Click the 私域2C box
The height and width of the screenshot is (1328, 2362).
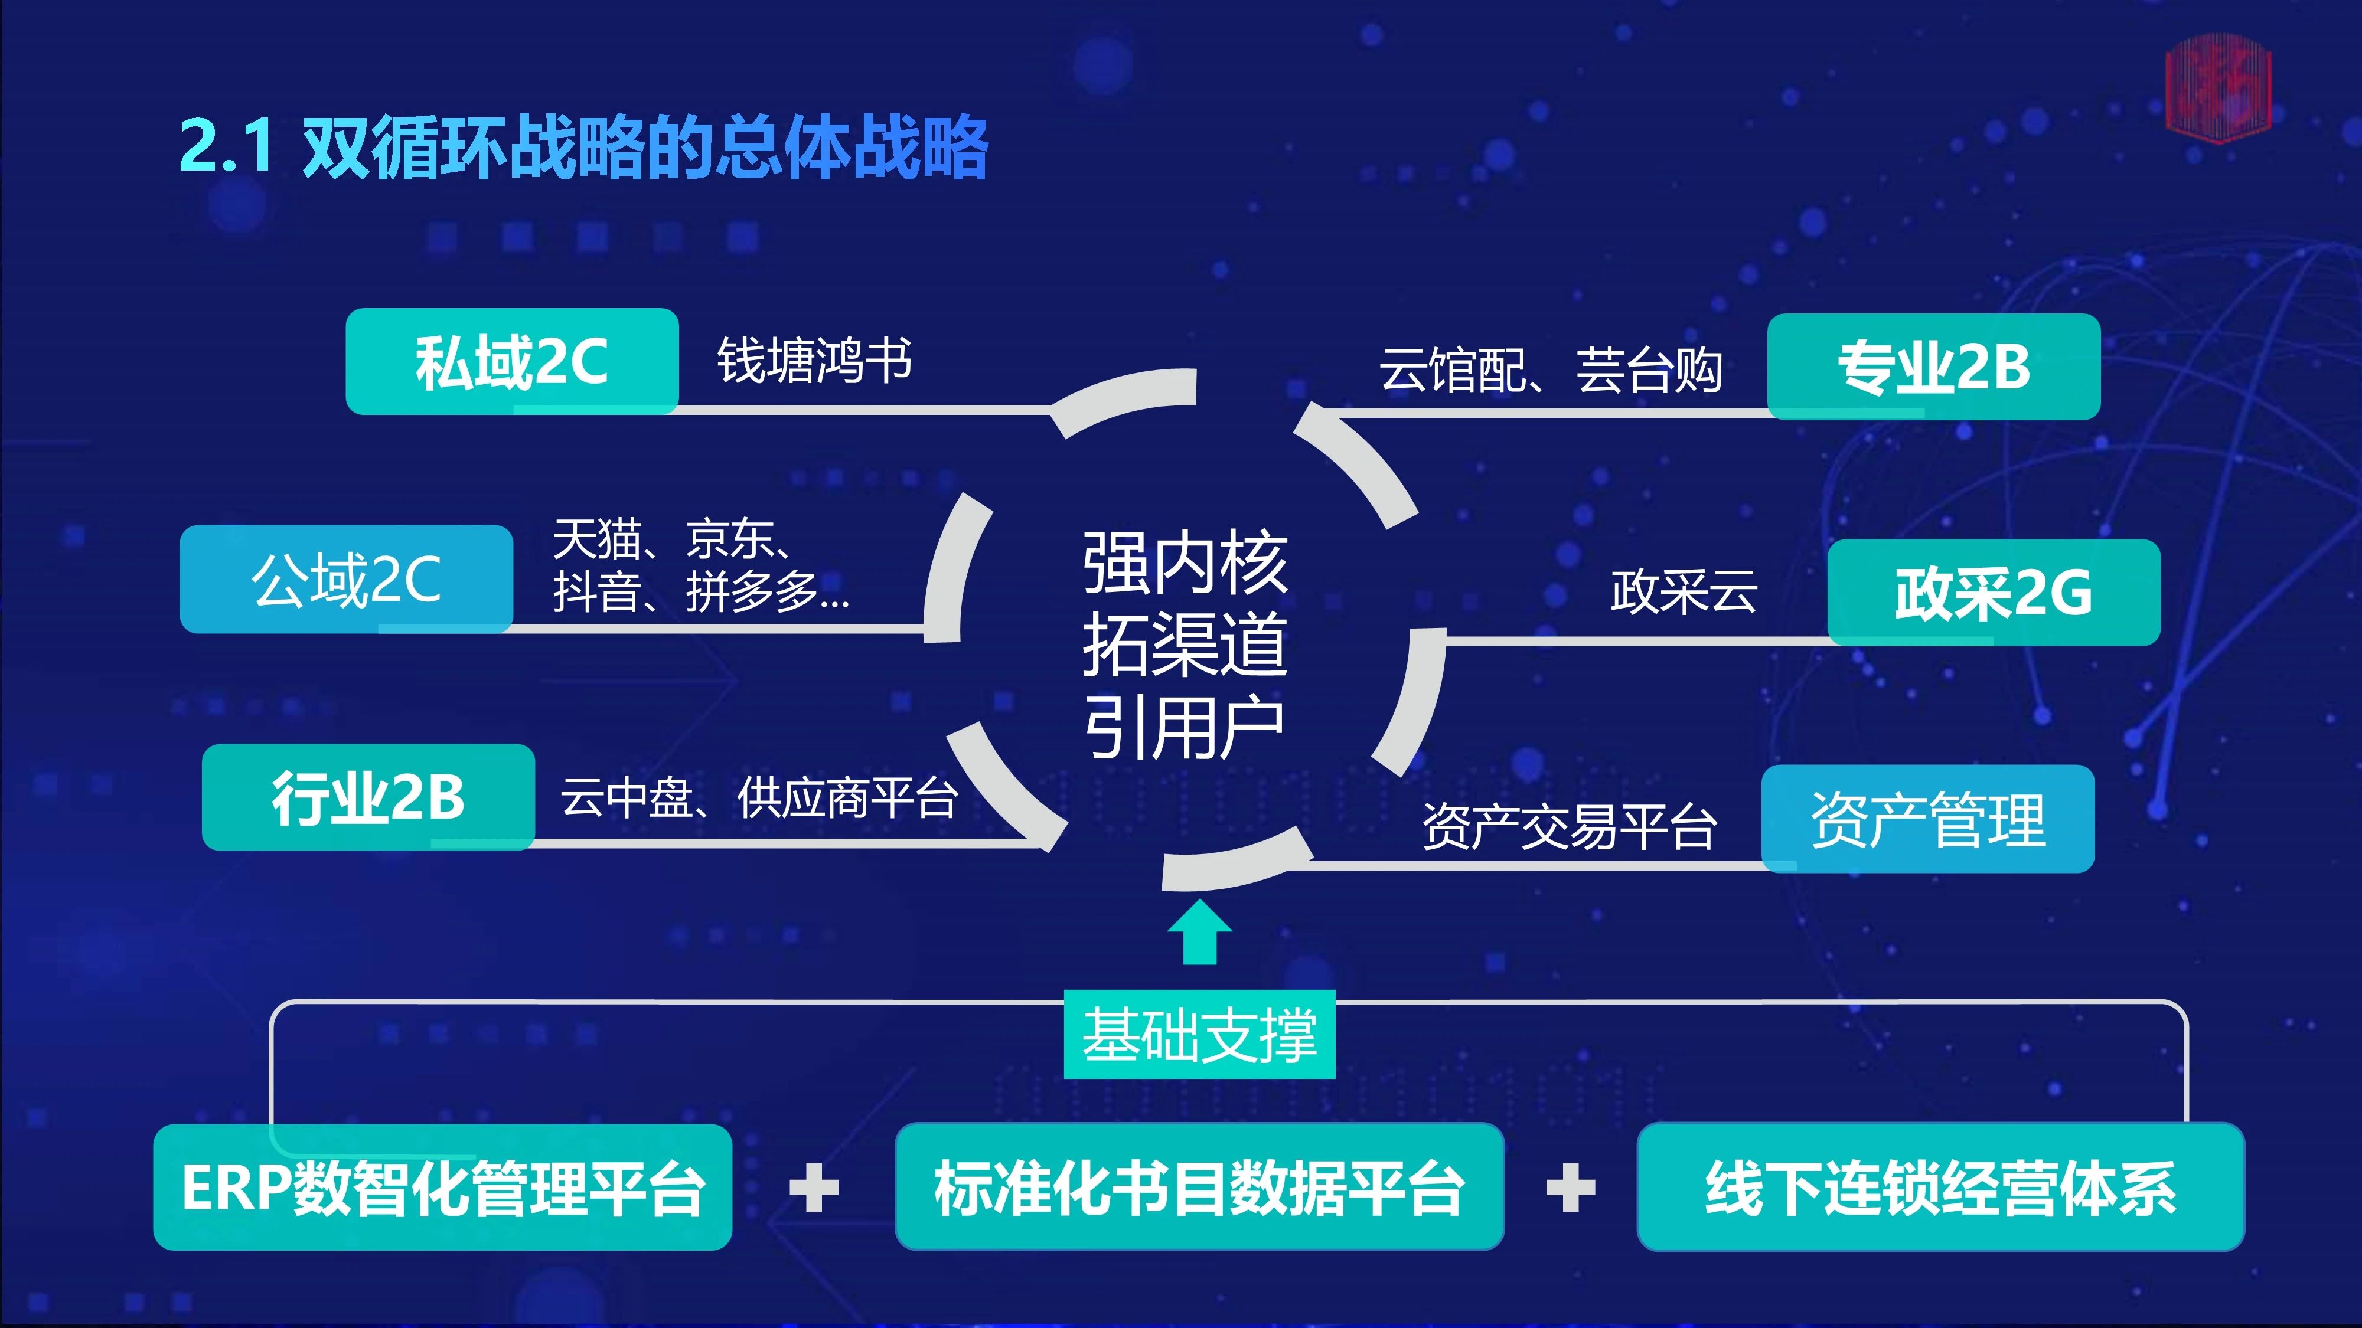[x=511, y=361]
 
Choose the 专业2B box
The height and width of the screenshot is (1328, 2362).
[x=1934, y=367]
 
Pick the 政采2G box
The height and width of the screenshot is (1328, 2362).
[x=1994, y=592]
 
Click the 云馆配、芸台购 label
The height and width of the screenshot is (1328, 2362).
[x=1551, y=370]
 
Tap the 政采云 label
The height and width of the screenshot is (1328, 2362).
[x=1684, y=591]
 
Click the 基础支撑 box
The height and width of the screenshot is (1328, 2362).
[x=1199, y=1034]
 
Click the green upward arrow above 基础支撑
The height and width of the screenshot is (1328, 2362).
[x=1199, y=932]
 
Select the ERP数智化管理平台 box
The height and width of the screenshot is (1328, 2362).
[x=443, y=1187]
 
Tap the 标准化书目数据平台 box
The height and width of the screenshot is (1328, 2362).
[x=1199, y=1187]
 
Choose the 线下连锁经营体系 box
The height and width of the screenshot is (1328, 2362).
[x=1940, y=1187]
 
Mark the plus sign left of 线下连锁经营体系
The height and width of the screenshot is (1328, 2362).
[x=1571, y=1188]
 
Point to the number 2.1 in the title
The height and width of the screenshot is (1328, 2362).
[x=227, y=145]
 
